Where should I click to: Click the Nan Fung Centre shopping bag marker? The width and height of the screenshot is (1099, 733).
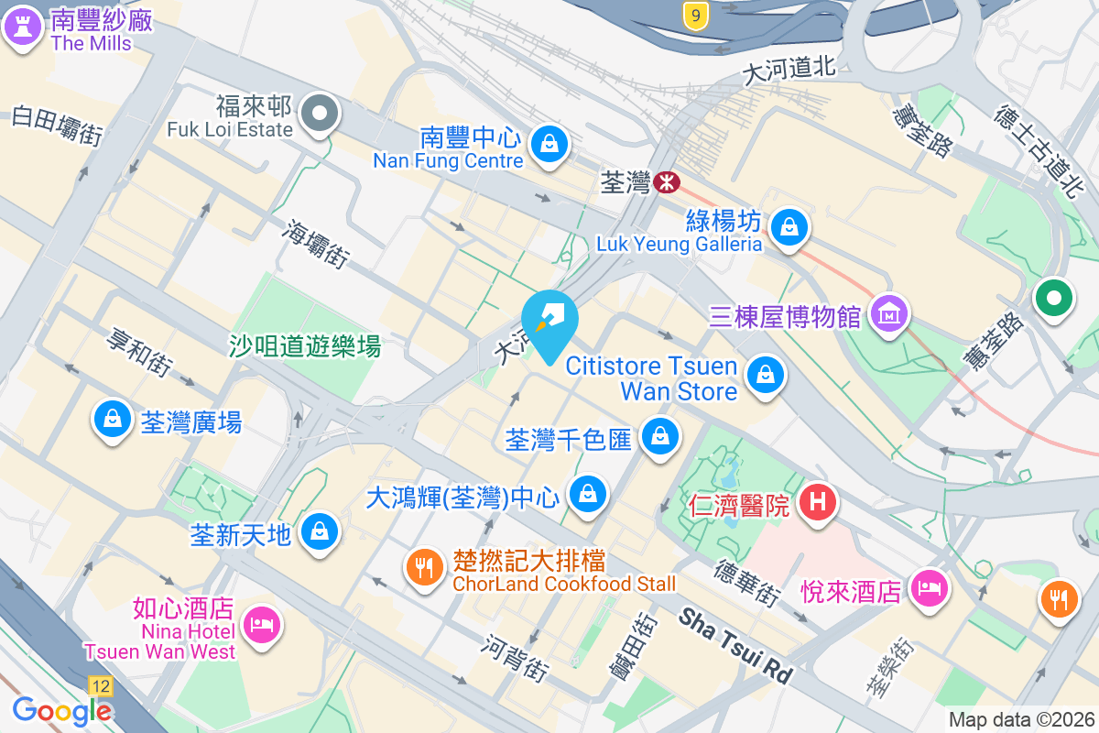[x=549, y=144]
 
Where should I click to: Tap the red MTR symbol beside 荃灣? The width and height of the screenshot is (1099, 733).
[x=667, y=182]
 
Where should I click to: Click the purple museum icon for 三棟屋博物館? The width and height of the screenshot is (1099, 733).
[x=888, y=314]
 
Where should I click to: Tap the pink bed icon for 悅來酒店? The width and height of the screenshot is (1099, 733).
[x=930, y=588]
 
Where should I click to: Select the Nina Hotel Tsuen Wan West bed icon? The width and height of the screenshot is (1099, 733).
[x=262, y=625]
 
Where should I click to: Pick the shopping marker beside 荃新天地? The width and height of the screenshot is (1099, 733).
[x=320, y=531]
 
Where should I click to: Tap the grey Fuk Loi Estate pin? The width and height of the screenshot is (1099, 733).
[x=321, y=115]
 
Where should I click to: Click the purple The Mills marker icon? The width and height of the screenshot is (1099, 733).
[x=23, y=27]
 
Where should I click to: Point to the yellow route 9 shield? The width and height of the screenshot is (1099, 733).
[x=696, y=14]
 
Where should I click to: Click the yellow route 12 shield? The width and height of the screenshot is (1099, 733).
[x=101, y=685]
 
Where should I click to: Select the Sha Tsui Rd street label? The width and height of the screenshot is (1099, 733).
[x=734, y=645]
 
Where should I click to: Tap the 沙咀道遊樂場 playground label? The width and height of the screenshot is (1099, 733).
[x=304, y=346]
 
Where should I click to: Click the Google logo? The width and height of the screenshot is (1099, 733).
[x=62, y=710]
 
